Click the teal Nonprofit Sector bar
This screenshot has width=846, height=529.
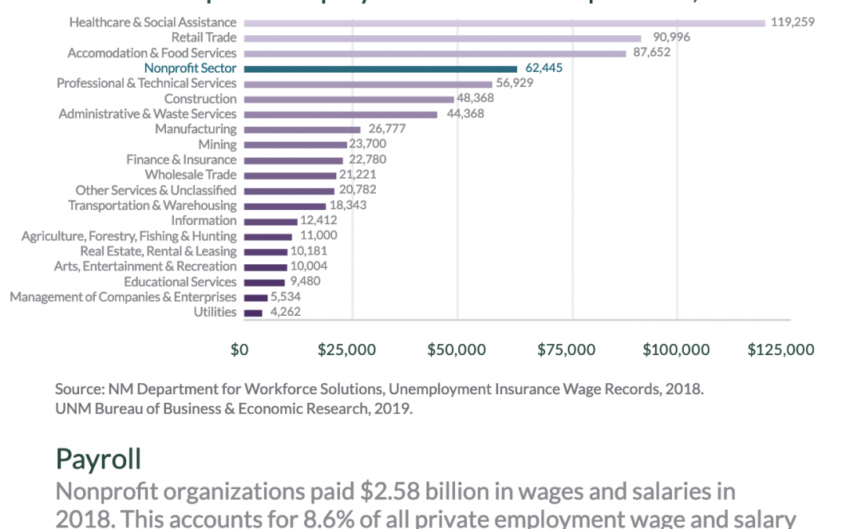click(381, 68)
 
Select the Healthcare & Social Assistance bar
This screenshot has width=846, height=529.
click(504, 23)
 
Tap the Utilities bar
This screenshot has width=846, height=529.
click(253, 313)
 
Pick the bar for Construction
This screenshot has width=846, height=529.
click(349, 99)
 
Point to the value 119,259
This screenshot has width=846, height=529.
click(792, 23)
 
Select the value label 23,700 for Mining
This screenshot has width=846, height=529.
click(367, 144)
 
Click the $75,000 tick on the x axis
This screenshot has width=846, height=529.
click(573, 350)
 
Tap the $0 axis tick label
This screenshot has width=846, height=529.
click(240, 350)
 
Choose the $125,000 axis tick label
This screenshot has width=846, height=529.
click(780, 350)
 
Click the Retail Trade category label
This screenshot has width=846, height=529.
click(204, 38)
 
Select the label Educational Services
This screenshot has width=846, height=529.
click(179, 281)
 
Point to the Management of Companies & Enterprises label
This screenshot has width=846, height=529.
click(123, 297)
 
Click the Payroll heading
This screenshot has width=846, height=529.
click(98, 458)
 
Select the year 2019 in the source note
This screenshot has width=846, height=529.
click(394, 408)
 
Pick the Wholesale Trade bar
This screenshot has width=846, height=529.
click(290, 175)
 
